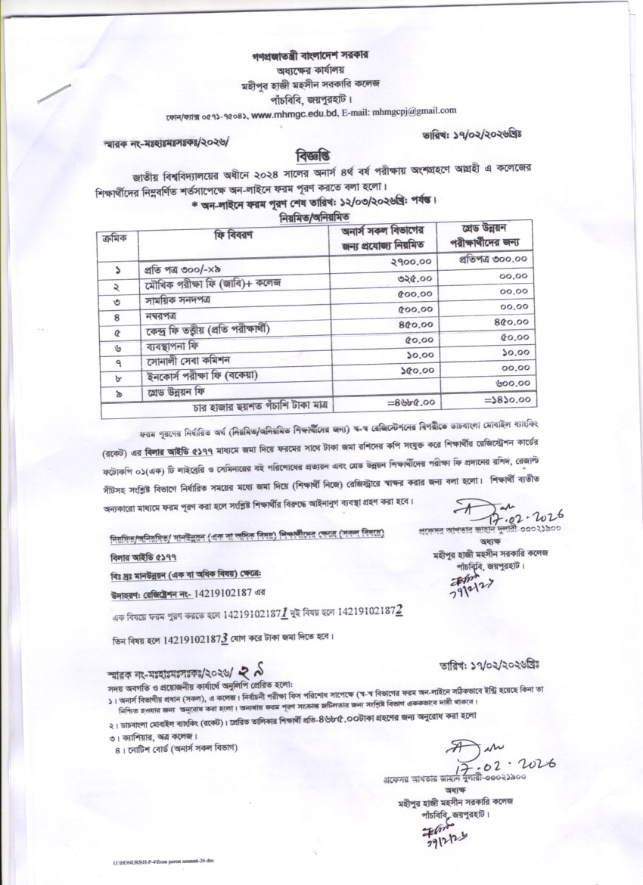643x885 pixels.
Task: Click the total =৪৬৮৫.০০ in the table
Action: tap(411, 401)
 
